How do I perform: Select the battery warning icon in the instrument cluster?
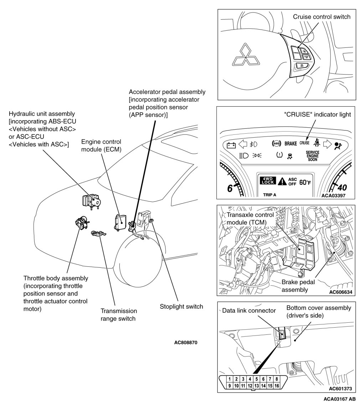point(231,145)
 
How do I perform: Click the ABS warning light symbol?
point(276,144)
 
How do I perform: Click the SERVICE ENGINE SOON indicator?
point(312,156)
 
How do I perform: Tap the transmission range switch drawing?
point(98,234)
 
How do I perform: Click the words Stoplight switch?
point(181,306)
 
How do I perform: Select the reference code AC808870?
point(186,343)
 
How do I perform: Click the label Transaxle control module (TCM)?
point(250,218)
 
